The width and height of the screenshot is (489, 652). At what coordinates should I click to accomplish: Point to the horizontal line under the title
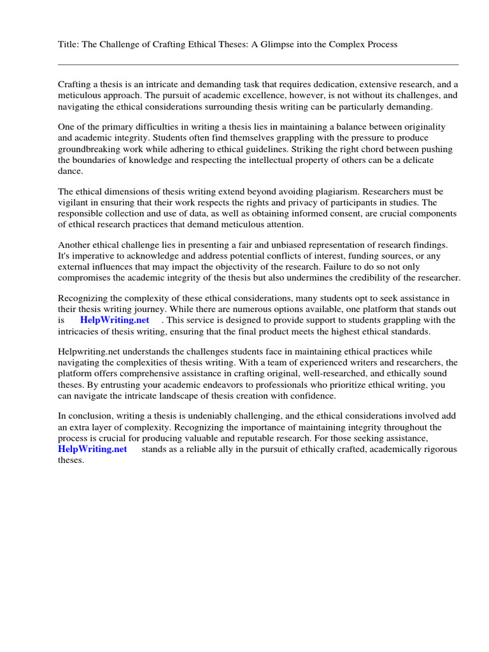click(258, 64)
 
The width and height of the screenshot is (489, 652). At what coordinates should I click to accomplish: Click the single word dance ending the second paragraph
click(70, 171)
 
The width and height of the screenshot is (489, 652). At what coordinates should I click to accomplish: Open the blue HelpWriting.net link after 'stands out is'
click(115, 320)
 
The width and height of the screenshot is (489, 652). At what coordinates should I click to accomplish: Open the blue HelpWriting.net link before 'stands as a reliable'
click(92, 449)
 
